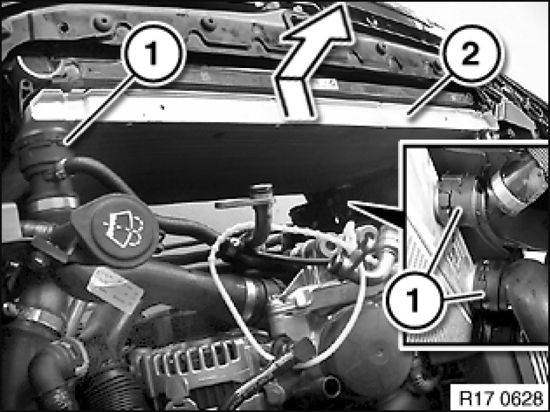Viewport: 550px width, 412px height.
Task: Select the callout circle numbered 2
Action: pos(470,54)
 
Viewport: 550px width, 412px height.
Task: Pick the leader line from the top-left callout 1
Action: pos(100,110)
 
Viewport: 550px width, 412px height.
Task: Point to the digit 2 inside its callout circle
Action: pos(470,54)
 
